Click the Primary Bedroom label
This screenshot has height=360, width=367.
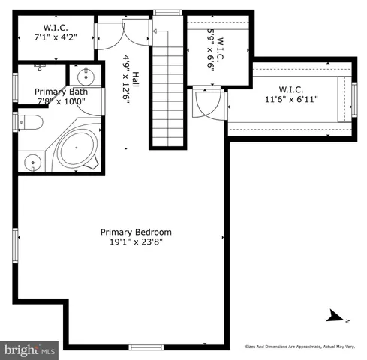pos(136,232)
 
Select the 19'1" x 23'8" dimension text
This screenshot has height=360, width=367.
pos(136,242)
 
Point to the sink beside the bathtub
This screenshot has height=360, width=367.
pos(32,161)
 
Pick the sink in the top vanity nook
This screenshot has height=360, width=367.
pos(83,76)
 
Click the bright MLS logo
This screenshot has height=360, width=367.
pos(30,349)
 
